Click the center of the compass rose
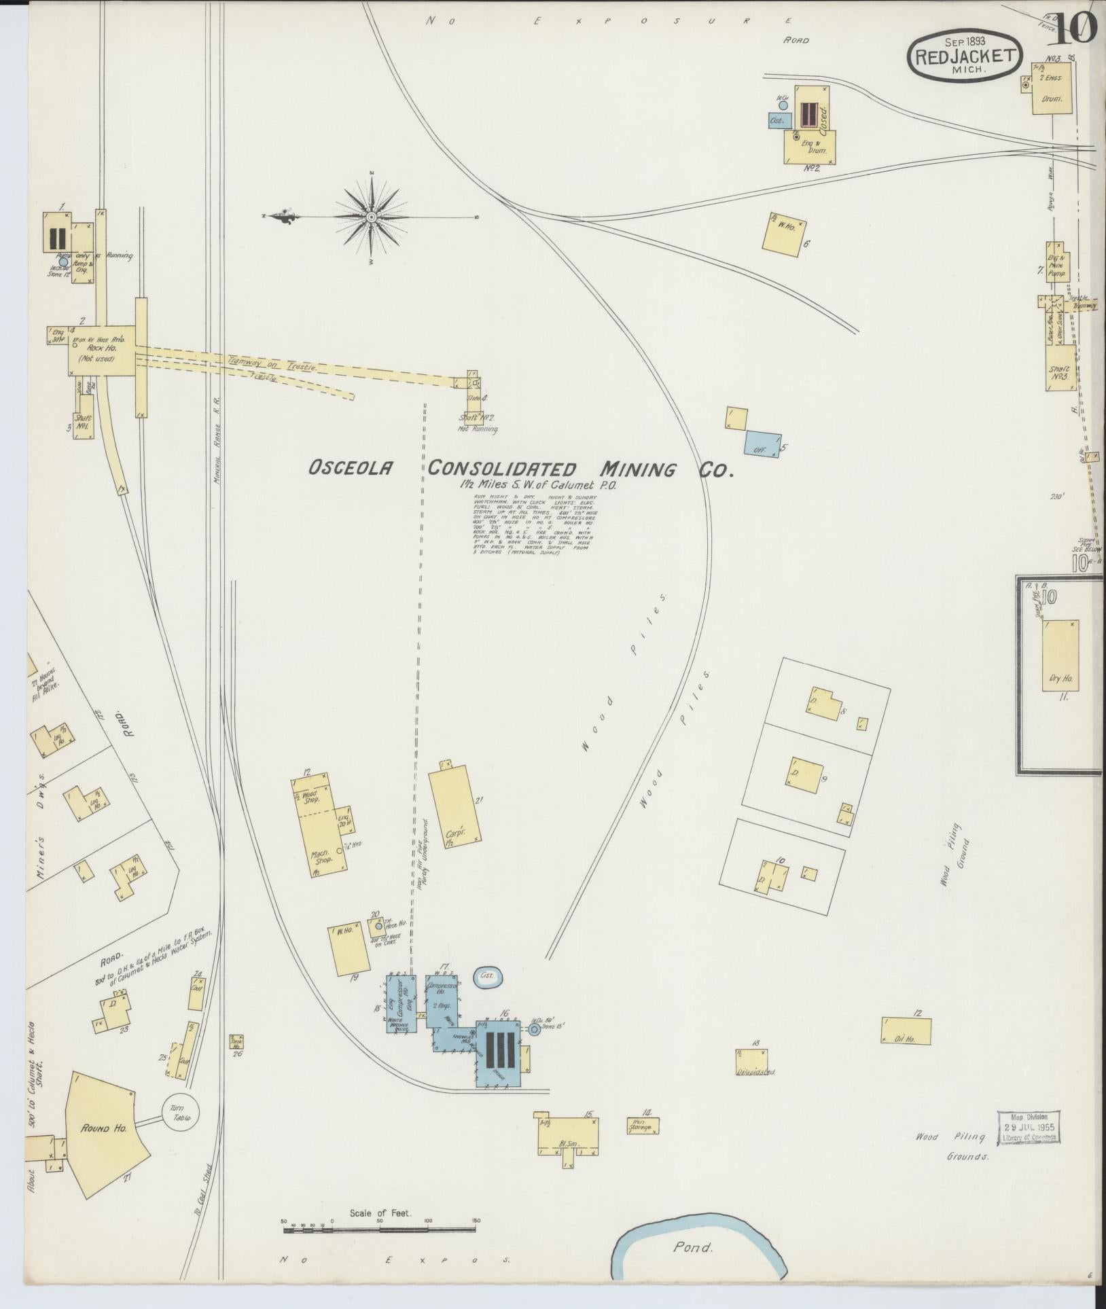click(x=372, y=217)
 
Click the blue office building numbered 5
click(x=762, y=443)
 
